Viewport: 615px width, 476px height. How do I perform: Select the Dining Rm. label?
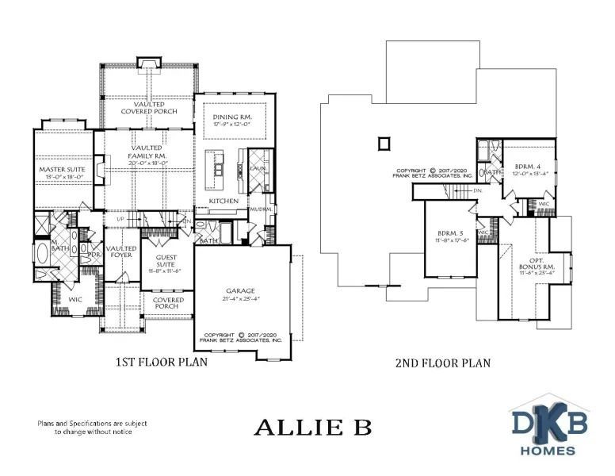pos(231,117)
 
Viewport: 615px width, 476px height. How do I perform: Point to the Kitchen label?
pos(223,202)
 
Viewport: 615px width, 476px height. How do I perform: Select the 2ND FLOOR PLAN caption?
pos(442,363)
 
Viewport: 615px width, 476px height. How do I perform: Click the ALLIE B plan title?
pos(311,428)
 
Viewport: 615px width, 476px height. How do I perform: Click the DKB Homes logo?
pos(548,429)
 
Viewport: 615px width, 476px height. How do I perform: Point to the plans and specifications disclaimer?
pos(90,428)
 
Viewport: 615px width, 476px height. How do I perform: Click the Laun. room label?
pos(257,169)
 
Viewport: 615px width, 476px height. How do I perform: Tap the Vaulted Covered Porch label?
pos(148,107)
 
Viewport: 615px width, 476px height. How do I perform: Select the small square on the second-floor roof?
pos(384,144)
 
